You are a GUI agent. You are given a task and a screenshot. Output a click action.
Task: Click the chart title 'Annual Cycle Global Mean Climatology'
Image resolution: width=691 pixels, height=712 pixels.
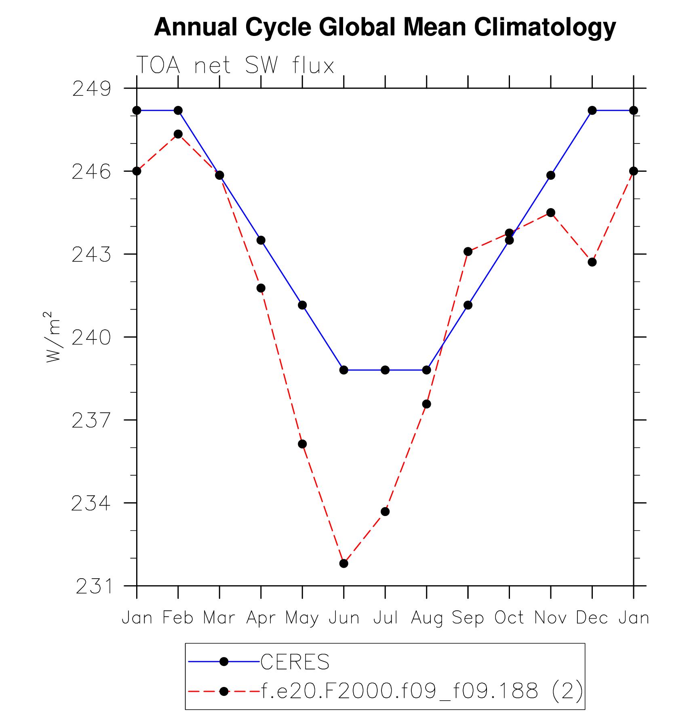coord(385,27)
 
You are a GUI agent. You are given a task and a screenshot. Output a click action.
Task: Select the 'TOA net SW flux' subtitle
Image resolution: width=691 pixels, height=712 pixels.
coord(235,65)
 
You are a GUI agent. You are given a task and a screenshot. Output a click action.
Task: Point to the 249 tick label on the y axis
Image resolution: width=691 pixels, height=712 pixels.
coord(91,89)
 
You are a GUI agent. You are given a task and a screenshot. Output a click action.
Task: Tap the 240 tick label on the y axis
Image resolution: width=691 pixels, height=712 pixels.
coord(91,338)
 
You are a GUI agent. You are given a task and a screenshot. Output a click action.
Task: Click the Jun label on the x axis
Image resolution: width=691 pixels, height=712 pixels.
coord(344,618)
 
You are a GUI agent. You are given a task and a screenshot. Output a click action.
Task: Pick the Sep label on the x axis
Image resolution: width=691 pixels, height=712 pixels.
coord(468,618)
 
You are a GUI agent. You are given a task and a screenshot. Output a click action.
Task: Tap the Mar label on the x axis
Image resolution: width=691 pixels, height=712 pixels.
coord(219,618)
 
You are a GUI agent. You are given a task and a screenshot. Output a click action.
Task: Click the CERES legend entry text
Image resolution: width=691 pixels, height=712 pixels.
coord(295,662)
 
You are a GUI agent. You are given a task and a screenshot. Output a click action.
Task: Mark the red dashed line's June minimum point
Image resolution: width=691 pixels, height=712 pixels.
coord(344,563)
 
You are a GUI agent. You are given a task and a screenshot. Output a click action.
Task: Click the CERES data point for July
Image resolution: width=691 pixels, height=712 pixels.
coord(385,370)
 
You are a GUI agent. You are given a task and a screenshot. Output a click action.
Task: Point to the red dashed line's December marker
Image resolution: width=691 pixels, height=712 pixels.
coord(592,262)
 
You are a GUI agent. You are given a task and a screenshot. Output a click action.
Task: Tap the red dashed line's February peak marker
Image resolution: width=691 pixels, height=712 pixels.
coord(178,134)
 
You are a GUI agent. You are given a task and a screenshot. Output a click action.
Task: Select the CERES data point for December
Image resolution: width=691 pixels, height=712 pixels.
coord(592,110)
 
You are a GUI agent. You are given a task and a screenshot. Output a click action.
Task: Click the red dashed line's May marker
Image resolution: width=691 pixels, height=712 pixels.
coord(302,444)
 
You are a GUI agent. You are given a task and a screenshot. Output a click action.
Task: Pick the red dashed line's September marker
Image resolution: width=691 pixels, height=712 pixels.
coord(468,252)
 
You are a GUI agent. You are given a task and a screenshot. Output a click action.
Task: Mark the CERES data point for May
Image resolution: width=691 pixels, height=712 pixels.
coord(302,305)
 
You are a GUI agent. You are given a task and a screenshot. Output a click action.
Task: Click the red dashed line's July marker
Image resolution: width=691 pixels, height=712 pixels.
coord(385,512)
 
